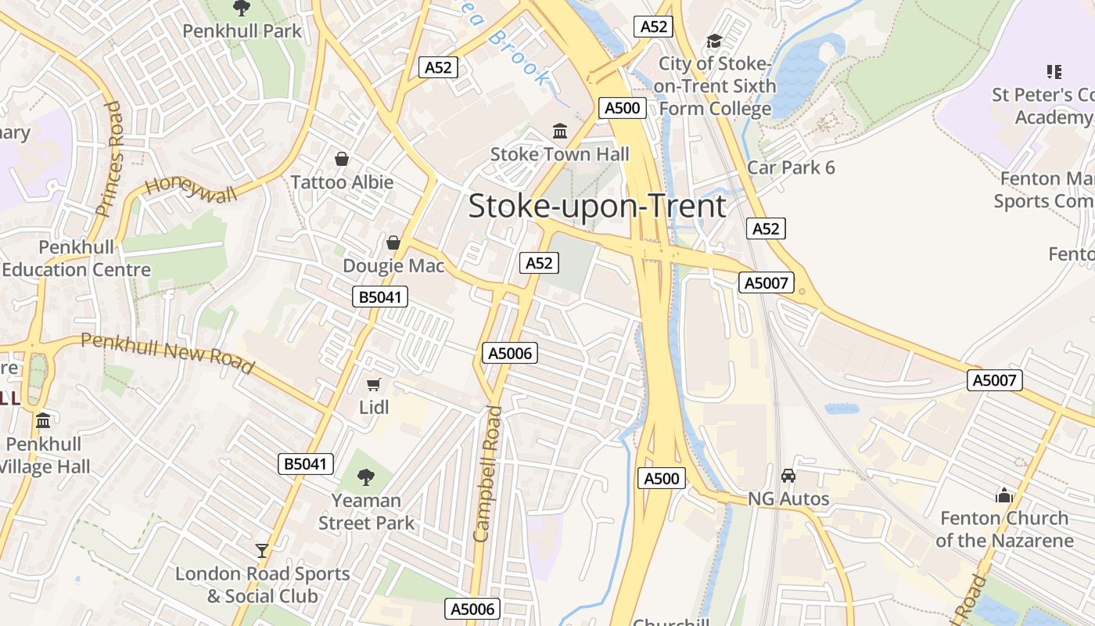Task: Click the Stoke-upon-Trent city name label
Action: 597,206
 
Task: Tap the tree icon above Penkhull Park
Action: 242,8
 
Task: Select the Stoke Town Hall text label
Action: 559,154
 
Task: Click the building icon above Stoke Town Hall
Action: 560,131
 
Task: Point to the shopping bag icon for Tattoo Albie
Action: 342,159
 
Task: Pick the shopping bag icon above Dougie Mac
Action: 393,243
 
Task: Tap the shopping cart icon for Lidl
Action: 374,384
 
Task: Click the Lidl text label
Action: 374,407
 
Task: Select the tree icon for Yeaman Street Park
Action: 365,477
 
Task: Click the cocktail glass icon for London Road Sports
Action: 262,551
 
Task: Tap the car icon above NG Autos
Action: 788,476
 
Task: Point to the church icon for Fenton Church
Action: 1004,495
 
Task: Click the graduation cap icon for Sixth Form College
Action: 714,41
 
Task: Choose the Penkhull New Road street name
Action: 167,353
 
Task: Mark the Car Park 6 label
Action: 791,167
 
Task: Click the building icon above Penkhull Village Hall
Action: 43,421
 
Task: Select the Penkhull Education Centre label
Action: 76,258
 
